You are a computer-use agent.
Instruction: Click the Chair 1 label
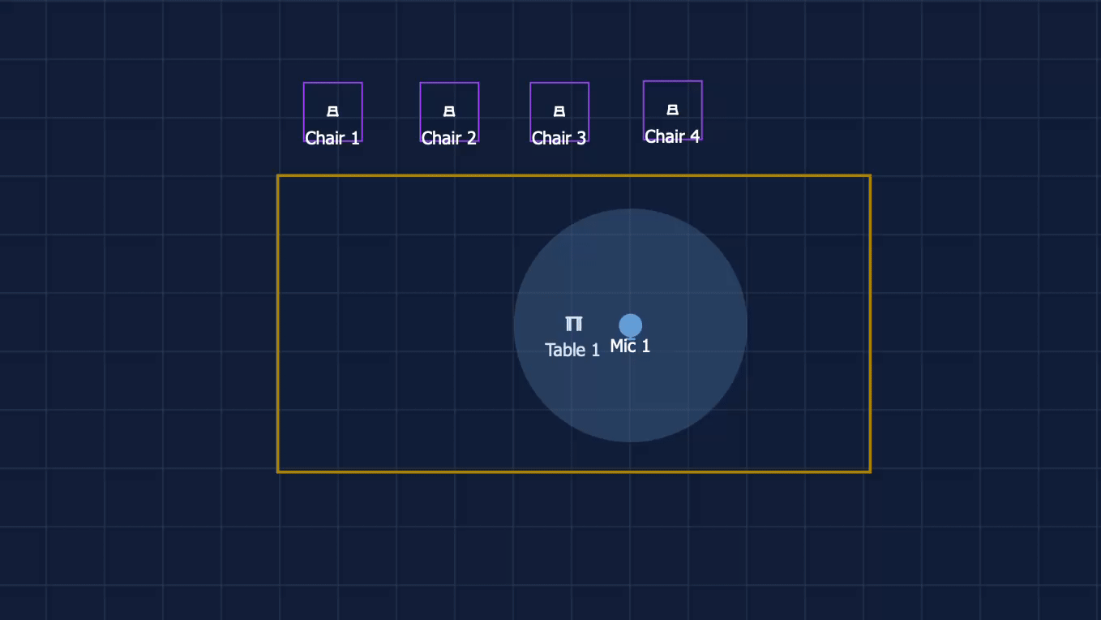(332, 138)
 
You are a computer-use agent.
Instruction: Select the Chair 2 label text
(449, 138)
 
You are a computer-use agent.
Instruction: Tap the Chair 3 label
(559, 138)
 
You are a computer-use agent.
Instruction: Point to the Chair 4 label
(672, 137)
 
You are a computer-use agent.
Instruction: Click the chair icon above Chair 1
(332, 111)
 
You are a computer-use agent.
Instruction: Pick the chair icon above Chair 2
(449, 111)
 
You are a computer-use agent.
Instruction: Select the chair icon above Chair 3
(559, 111)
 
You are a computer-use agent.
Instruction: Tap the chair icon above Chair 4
(672, 110)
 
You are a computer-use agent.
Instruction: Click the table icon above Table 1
(573, 324)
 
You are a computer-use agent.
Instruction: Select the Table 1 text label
(572, 350)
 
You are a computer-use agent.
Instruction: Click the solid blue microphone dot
(630, 325)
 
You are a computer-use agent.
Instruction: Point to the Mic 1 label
(630, 346)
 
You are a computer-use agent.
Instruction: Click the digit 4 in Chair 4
(695, 137)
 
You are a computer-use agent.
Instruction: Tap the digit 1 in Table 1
(596, 350)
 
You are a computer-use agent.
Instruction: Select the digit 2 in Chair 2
(472, 138)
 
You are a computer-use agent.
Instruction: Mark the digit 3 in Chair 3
(582, 138)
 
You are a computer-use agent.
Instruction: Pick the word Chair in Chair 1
(325, 138)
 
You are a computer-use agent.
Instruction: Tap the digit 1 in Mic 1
(646, 346)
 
